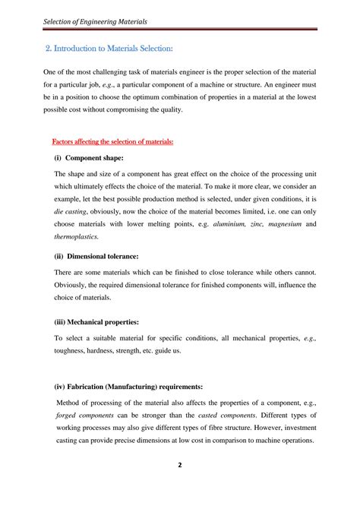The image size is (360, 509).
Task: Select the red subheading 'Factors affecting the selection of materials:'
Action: (112, 141)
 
